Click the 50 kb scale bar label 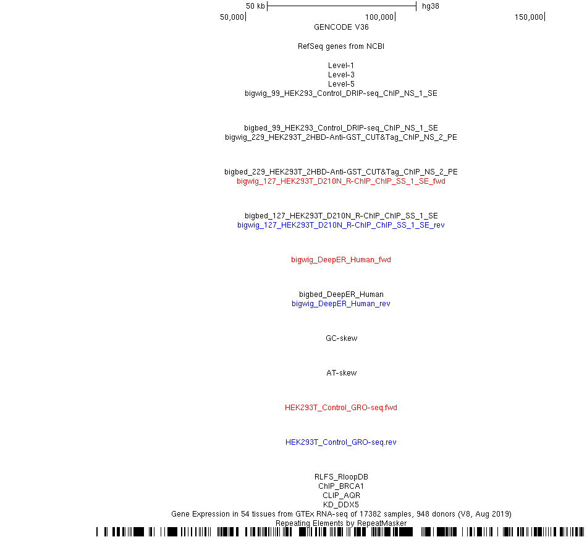tap(255, 6)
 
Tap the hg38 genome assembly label tap(431, 6)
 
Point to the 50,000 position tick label tap(232, 17)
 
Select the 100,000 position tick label tap(379, 17)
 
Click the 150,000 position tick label tap(528, 17)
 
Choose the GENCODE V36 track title tap(341, 27)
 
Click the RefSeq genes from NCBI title tap(341, 46)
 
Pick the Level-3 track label tap(341, 75)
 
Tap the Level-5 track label tap(341, 84)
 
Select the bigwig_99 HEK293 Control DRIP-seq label tap(341, 93)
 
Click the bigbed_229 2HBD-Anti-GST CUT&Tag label tap(341, 172)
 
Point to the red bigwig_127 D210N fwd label tap(341, 181)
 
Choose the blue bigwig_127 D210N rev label tap(341, 225)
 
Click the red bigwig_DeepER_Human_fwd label tap(341, 260)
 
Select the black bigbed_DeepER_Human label tap(341, 294)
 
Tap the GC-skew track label tap(342, 338)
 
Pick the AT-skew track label tap(342, 373)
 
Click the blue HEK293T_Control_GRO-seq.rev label tap(341, 442)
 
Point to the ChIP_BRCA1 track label tap(341, 486)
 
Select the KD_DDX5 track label tap(341, 505)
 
